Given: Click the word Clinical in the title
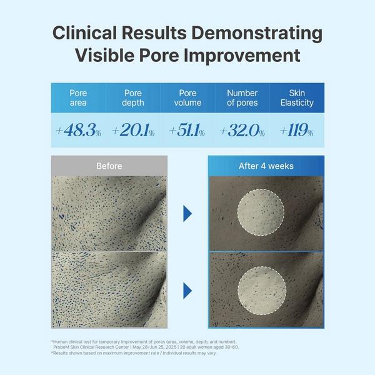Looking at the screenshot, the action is (84, 32).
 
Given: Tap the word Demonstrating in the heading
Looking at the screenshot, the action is (257, 33).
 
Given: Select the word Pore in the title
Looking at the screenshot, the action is (159, 56).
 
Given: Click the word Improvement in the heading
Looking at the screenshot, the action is (242, 56).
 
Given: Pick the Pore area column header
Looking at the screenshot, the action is (78, 98).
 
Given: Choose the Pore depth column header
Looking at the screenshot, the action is (133, 98).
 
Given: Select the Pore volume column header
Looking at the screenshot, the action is (187, 98).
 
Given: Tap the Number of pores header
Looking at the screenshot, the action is (242, 98).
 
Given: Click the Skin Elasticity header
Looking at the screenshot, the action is (297, 98).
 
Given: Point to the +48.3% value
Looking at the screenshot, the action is (79, 131).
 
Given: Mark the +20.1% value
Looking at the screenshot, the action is (133, 131).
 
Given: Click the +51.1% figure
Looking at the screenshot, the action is (187, 131).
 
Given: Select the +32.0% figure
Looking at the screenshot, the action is (242, 131).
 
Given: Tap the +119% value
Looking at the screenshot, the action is (296, 131).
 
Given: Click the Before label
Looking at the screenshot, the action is (109, 166).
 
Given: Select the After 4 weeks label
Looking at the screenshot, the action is (266, 166).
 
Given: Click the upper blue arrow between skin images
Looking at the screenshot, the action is (187, 213).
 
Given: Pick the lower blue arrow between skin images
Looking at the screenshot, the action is (187, 291).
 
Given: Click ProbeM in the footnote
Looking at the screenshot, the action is (61, 347).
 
